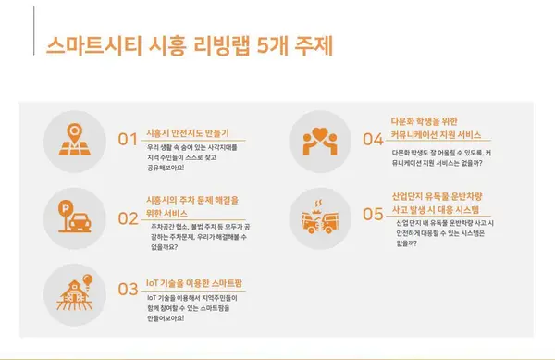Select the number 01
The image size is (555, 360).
(x=128, y=140)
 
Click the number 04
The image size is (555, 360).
(x=373, y=140)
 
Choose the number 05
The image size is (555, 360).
(x=373, y=215)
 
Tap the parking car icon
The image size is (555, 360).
(x=73, y=217)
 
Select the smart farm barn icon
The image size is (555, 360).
(x=72, y=288)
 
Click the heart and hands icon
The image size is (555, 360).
(x=324, y=139)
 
